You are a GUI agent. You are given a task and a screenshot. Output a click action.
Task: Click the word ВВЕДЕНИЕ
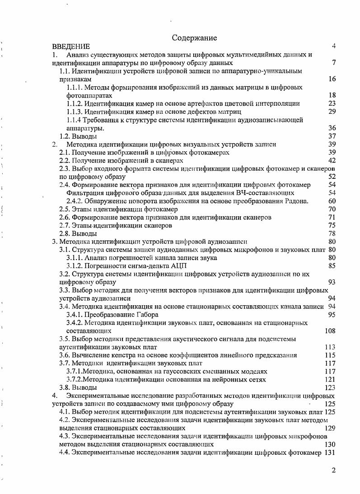[71, 47]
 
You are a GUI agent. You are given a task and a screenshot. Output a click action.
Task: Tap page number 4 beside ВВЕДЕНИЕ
[333, 46]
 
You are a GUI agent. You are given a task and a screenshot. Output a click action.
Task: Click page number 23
[332, 103]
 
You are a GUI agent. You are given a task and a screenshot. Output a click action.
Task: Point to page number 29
[332, 112]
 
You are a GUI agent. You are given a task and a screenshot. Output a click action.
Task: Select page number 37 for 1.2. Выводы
[332, 136]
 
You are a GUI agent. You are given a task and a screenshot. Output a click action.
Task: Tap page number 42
[332, 160]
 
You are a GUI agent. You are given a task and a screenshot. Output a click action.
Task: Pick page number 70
[332, 209]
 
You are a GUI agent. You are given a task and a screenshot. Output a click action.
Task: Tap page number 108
[330, 331]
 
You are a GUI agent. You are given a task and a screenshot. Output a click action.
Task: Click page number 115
[330, 355]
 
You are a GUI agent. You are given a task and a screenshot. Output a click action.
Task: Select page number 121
[330, 379]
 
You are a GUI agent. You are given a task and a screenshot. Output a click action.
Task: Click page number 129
[330, 428]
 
